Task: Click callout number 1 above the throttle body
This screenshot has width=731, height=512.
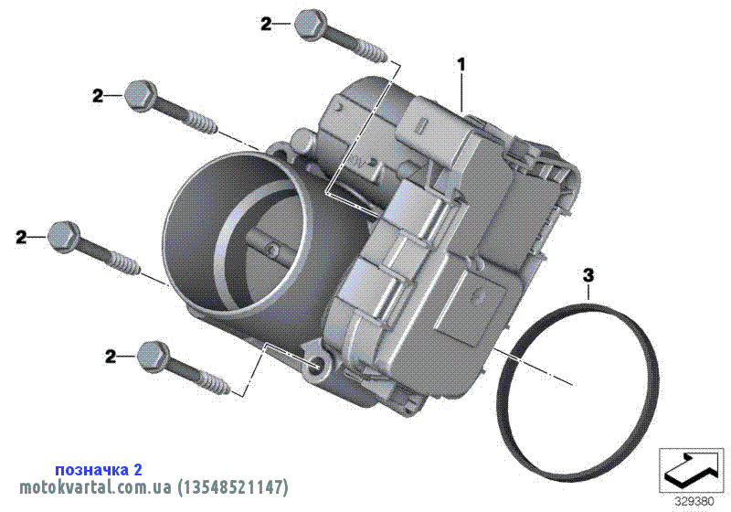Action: pos(461,64)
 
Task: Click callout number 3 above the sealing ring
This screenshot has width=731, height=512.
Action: pos(588,275)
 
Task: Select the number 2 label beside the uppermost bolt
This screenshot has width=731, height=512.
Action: pos(266,24)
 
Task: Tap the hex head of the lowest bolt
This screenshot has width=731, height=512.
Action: pos(152,357)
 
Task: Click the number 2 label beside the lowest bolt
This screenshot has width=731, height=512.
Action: pos(111,357)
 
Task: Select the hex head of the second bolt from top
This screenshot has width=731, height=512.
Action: pos(140,96)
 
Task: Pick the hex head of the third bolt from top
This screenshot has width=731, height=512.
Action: pos(64,238)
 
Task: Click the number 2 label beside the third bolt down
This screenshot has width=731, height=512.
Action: pos(21,237)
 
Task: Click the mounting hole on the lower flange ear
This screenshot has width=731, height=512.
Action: pos(317,365)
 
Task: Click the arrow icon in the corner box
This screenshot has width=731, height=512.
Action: pos(691,467)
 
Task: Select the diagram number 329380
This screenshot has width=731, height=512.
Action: pos(694,502)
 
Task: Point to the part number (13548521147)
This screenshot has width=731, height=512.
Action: pos(233,487)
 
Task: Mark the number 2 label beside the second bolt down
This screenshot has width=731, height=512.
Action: pos(98,96)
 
